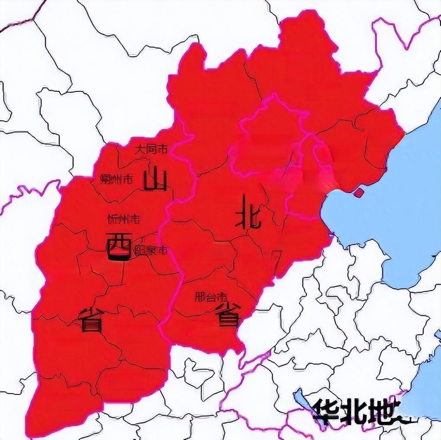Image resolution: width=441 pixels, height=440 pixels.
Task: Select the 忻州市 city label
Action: (123, 219)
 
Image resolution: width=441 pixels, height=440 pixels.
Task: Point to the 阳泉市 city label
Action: (151, 250)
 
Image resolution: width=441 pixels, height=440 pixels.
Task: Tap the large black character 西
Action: (118, 246)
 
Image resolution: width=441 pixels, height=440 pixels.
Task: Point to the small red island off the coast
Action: (359, 192)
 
